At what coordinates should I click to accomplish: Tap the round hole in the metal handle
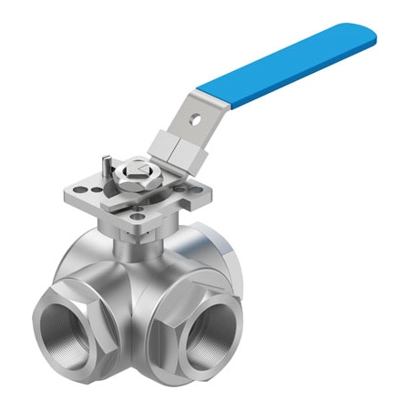click(x=193, y=118)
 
